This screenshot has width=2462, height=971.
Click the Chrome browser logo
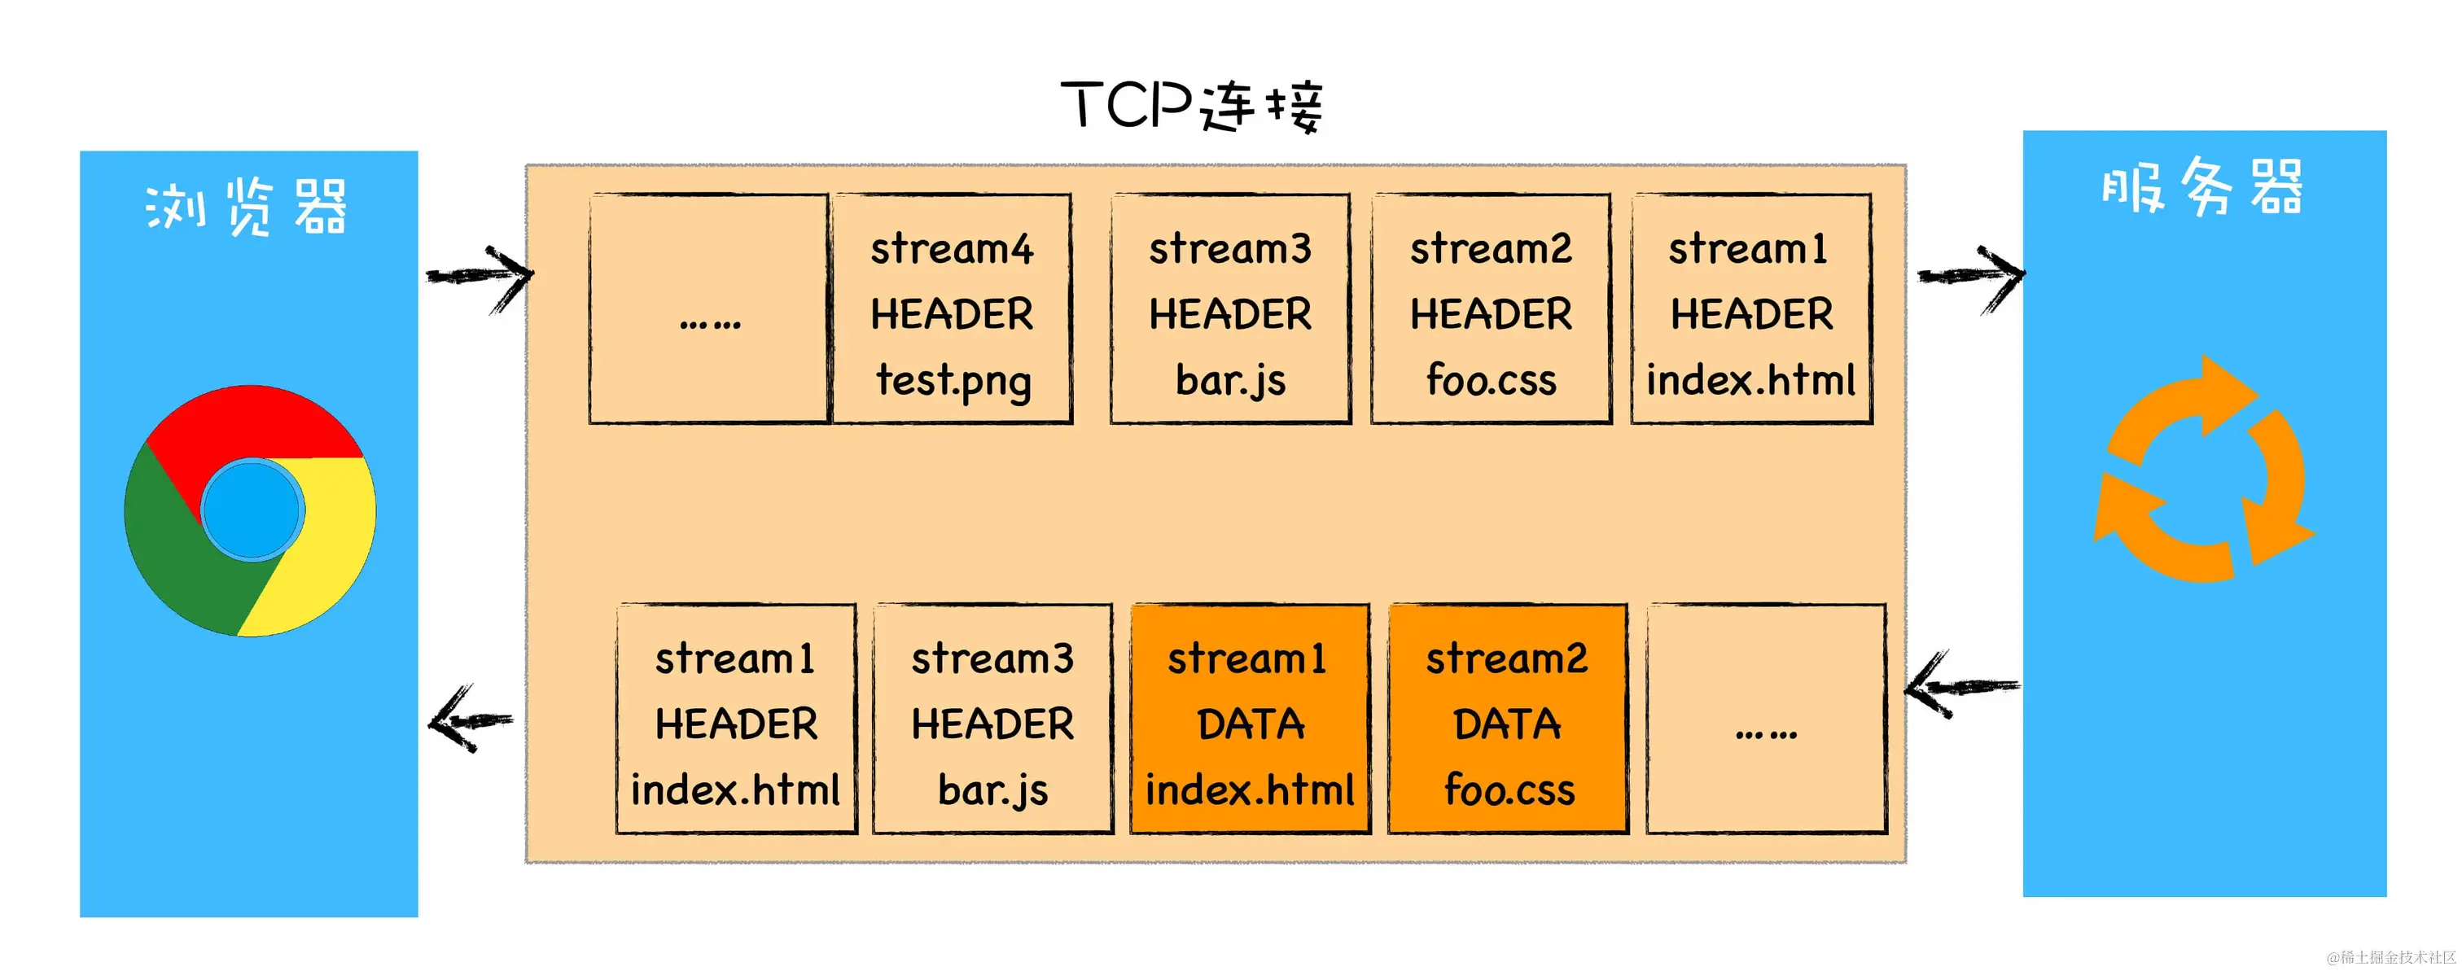(x=251, y=510)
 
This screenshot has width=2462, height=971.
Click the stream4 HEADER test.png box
(x=952, y=309)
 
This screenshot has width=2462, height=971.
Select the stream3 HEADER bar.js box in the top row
(x=1230, y=309)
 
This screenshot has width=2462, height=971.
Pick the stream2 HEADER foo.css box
(x=1491, y=309)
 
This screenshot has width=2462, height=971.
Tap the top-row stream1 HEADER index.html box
(x=1751, y=309)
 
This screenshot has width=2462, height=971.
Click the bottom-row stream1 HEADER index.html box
(x=736, y=719)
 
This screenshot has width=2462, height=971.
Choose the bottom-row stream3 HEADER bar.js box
(x=992, y=719)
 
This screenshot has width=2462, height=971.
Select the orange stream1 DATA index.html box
(x=1250, y=719)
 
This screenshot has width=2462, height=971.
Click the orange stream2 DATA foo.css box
(x=1507, y=719)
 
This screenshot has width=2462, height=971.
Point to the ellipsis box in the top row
(x=708, y=309)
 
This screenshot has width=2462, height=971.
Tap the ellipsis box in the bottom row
(x=1766, y=719)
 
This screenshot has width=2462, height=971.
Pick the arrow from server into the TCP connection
(x=1961, y=686)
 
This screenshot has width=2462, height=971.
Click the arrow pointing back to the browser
(x=471, y=720)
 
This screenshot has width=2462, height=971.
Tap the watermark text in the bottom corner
(x=2390, y=956)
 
